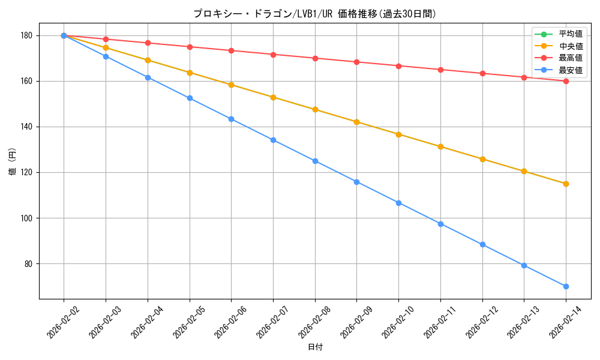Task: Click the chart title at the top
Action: point(314,13)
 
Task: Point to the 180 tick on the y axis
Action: point(28,35)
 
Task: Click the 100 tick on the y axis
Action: point(28,218)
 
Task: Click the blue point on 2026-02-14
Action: point(566,286)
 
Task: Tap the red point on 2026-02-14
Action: point(566,81)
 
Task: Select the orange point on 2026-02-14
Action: point(566,184)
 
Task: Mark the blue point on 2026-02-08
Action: point(315,161)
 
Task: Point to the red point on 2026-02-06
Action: point(231,50)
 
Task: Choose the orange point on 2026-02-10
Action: point(398,134)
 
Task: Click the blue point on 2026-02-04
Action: point(148,77)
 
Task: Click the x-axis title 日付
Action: point(315,347)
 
